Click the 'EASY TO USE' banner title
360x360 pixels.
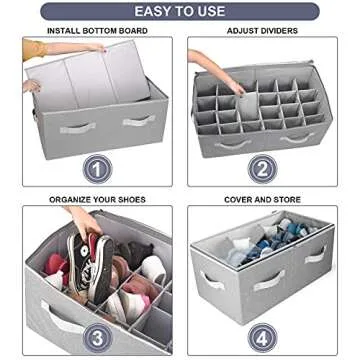click(x=179, y=12)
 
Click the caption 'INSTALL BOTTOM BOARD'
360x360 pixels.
click(x=90, y=31)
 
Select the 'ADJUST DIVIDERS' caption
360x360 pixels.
click(x=262, y=31)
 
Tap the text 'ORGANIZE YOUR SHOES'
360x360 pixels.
click(x=90, y=199)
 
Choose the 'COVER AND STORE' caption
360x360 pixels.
click(x=262, y=199)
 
